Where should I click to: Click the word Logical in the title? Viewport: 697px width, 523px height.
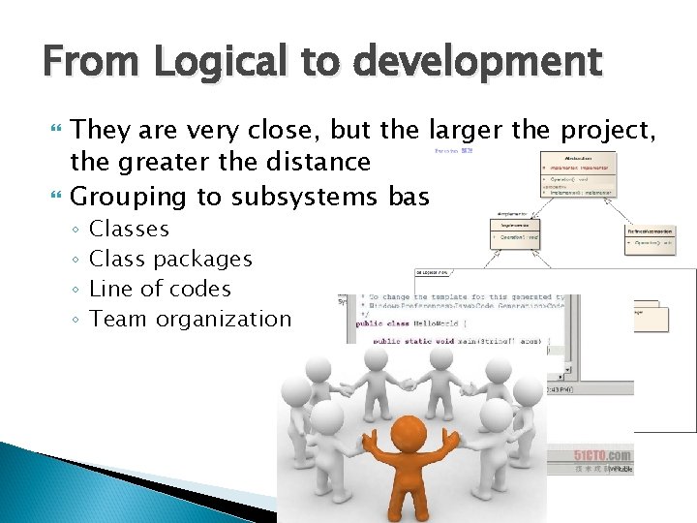click(207, 63)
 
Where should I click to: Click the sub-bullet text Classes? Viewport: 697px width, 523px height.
click(129, 230)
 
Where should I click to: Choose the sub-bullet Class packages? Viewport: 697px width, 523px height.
click(170, 260)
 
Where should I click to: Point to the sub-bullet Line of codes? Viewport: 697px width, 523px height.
click(160, 289)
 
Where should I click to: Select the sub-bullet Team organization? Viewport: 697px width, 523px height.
click(190, 319)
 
